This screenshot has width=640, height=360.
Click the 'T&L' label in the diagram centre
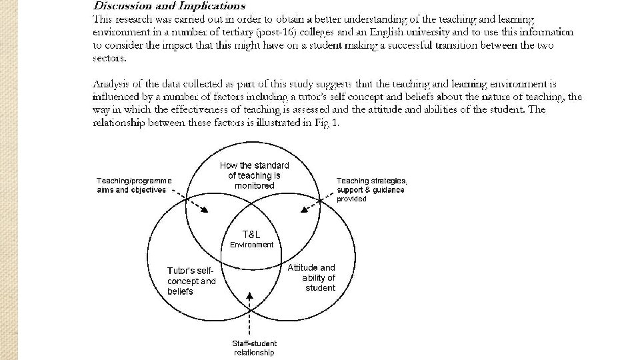[251, 234]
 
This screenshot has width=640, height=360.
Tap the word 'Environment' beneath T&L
[251, 245]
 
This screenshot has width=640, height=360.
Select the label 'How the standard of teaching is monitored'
[254, 175]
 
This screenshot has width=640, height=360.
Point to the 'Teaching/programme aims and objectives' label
[134, 185]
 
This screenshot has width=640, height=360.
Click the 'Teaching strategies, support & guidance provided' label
[371, 189]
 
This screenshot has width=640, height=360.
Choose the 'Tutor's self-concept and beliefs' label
[191, 281]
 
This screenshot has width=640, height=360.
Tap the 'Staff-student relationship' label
[254, 348]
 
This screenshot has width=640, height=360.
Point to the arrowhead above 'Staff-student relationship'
[249, 294]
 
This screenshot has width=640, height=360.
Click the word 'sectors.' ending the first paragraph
[109, 57]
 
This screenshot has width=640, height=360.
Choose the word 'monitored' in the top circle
[254, 185]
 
